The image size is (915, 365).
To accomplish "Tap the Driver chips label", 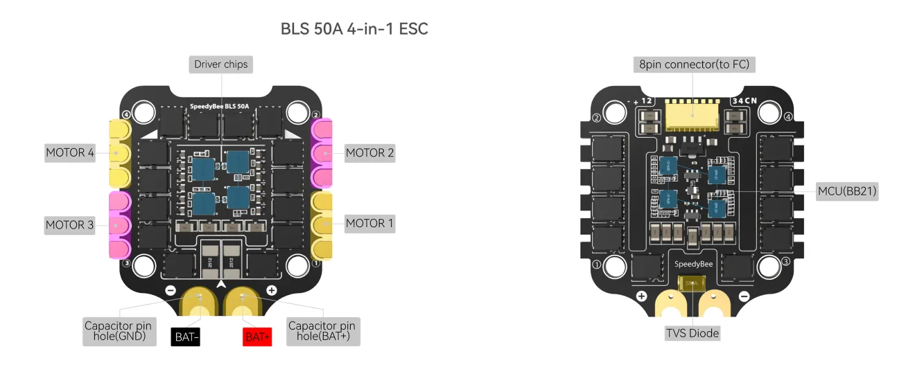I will [x=221, y=64].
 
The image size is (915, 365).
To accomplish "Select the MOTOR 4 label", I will [x=70, y=152].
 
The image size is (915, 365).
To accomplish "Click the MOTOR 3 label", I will [x=70, y=224].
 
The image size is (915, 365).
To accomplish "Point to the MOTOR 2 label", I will [x=369, y=152].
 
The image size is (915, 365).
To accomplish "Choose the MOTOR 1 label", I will [x=369, y=223].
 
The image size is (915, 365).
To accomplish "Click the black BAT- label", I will [x=186, y=337].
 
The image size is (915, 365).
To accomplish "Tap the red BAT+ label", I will [x=257, y=337].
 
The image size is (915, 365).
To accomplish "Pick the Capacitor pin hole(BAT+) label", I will [x=322, y=331].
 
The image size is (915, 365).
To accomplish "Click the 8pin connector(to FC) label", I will [x=694, y=64].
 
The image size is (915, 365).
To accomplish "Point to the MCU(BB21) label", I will [x=850, y=191].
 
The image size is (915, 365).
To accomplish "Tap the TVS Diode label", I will [x=692, y=333].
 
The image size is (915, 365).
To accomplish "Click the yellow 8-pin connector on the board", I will [x=692, y=115].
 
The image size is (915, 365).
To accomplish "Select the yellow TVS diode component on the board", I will [x=692, y=283].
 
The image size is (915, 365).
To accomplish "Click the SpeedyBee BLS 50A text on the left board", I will [x=224, y=107].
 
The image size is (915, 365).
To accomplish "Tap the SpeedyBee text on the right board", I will [x=692, y=264].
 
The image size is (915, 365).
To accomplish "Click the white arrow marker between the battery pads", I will [x=221, y=284].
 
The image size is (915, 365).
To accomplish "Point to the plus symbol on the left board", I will [x=272, y=290].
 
